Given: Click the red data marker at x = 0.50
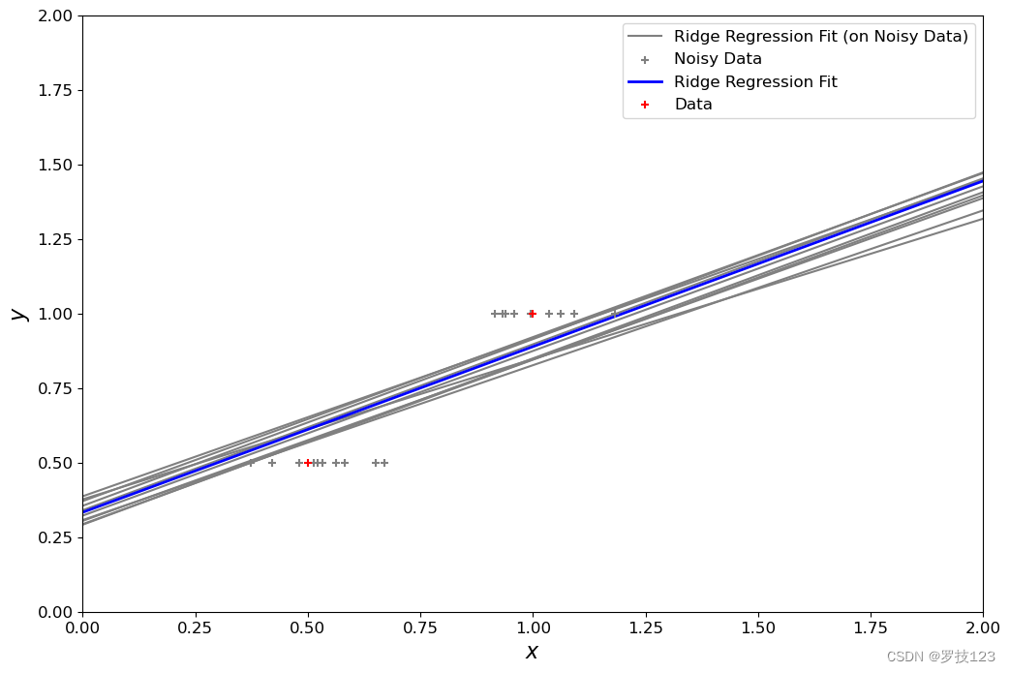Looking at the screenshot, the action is (308, 463).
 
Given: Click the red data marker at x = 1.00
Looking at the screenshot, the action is (532, 314).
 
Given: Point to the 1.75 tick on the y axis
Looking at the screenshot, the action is (79, 90).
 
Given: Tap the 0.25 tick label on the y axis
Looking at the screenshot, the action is (55, 537).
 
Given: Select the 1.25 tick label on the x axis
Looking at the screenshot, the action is (646, 627).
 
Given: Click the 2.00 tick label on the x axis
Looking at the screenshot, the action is (983, 627).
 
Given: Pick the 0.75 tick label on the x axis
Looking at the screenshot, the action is (420, 627).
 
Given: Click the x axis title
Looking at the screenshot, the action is (532, 653).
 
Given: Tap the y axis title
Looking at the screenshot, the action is (20, 314).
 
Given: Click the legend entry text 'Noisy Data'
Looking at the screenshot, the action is (718, 59).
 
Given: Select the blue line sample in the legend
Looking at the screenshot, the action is (645, 81).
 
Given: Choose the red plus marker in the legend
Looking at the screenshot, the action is (645, 105).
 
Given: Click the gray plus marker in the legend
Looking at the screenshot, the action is (645, 60).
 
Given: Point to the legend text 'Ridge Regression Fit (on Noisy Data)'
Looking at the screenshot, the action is (820, 37).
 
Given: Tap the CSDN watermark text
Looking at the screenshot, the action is (940, 657).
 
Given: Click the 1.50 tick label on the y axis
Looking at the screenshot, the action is (55, 165).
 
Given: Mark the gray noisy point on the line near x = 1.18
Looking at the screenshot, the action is (615, 314).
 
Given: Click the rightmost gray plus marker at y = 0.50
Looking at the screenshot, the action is (384, 463).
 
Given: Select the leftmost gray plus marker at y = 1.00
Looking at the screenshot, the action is (495, 314).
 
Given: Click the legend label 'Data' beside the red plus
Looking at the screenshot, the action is (693, 105).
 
